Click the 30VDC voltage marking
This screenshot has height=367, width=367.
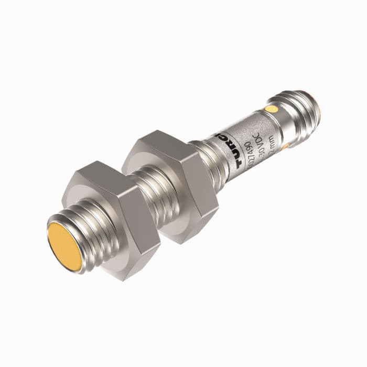point(260,145)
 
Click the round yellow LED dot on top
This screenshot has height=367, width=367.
point(271,109)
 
